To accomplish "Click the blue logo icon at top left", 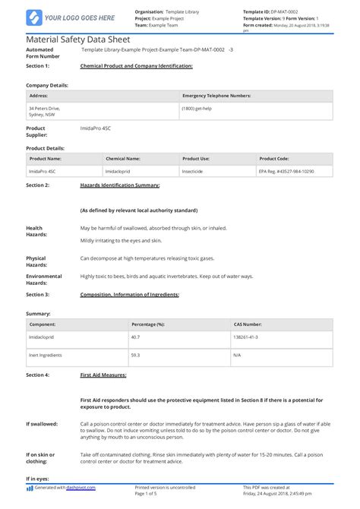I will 34,17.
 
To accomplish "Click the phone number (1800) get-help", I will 197,109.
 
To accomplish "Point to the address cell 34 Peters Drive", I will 45,109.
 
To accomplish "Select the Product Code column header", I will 274,159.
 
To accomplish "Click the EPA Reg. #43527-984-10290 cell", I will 286,172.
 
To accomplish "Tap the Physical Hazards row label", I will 36,261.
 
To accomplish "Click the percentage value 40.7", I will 136,336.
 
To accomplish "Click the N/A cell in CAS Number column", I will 238,355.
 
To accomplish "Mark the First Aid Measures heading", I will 103,375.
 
